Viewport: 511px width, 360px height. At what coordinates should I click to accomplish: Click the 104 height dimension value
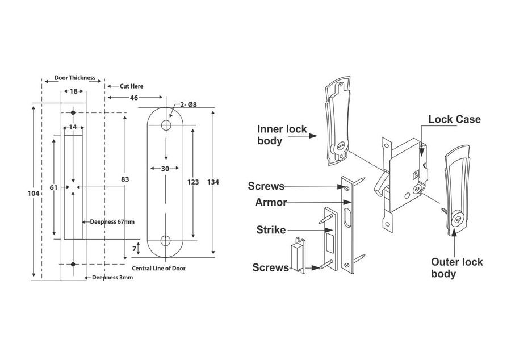coord(33,194)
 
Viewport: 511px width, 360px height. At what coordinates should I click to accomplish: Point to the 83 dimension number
coord(125,179)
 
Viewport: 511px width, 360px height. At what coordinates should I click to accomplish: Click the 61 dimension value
coord(53,187)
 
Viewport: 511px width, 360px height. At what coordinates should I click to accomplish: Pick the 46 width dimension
coord(134,98)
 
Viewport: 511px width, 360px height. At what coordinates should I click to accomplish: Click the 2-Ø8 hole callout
coord(188,104)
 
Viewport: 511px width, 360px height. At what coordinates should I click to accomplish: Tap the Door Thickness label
coord(74,78)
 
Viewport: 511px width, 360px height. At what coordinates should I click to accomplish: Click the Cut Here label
coord(131,86)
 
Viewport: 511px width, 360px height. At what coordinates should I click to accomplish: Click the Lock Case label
coord(454,119)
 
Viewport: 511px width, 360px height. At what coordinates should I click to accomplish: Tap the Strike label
coord(271,230)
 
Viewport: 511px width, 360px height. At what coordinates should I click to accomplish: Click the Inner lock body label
coord(282,135)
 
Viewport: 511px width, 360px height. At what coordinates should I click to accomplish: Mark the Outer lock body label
coord(456,268)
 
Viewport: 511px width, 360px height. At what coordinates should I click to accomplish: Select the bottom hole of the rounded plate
coord(166,240)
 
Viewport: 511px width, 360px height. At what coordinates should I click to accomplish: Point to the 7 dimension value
coord(134,249)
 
